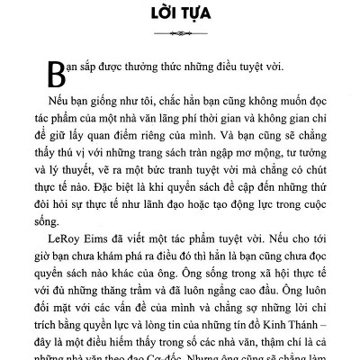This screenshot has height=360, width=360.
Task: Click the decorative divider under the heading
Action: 180,36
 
